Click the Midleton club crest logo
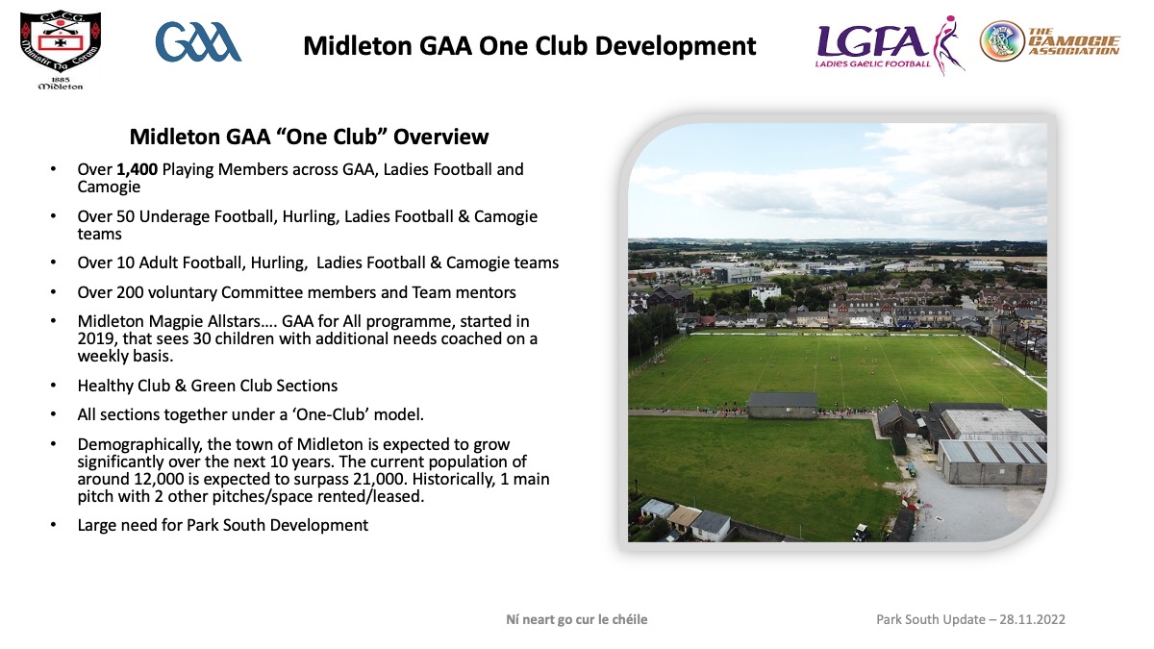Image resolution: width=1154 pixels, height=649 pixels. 61,50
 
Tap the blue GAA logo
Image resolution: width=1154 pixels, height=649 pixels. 198,41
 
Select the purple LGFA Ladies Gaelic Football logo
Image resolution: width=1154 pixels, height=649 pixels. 890,45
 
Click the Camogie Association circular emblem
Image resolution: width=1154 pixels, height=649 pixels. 1002,41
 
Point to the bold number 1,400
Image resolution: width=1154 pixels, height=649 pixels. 137,169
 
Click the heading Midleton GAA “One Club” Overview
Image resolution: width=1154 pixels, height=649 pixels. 309,137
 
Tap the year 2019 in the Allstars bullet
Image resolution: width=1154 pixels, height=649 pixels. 95,338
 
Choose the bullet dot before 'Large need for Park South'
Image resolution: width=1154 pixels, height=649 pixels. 53,525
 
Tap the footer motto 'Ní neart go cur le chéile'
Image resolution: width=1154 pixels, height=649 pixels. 576,619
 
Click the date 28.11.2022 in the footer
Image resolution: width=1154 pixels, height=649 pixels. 1032,619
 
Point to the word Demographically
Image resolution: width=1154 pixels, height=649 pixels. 138,445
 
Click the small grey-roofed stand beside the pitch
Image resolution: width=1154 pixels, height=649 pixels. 783,406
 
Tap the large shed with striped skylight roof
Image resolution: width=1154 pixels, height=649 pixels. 991,462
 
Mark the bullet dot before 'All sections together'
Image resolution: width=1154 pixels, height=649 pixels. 53,414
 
